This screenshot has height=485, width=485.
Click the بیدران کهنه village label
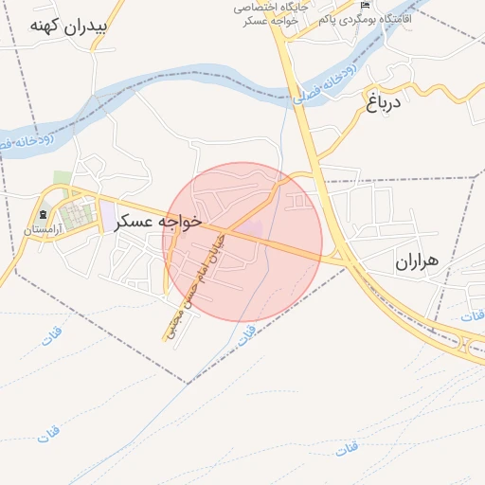(x=69, y=26)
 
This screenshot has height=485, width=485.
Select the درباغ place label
(x=384, y=101)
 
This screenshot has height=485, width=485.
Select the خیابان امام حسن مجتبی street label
(x=198, y=281)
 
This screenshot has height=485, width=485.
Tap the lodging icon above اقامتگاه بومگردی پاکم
(x=366, y=6)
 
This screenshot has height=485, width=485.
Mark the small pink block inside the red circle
(x=251, y=228)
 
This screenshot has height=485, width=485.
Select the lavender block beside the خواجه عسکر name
(x=107, y=215)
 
